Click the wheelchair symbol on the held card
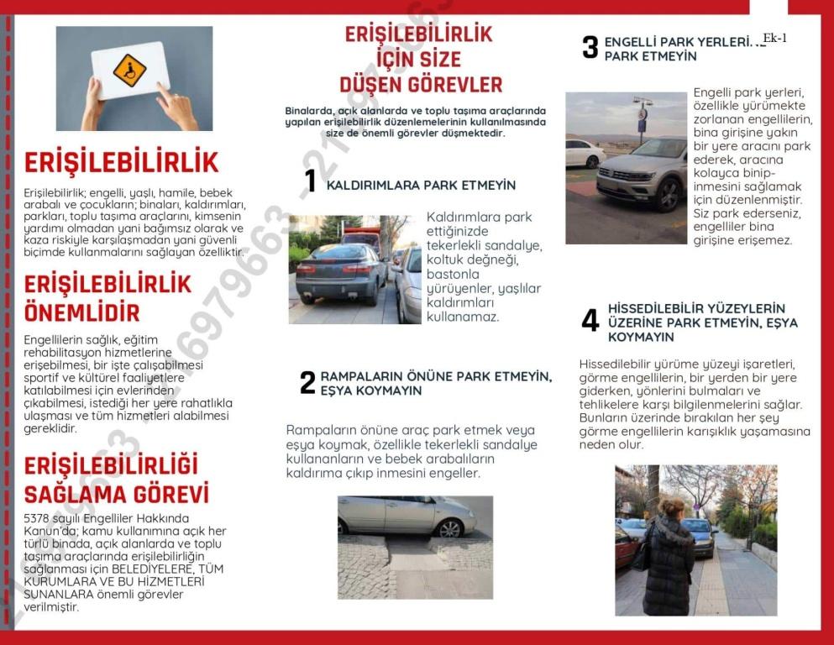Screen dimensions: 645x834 pyautogui.click(x=129, y=71)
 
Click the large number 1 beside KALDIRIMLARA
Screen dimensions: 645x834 pyautogui.click(x=310, y=181)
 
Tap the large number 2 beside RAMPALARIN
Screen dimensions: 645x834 pyautogui.click(x=307, y=383)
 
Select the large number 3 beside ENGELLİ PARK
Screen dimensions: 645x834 pyautogui.click(x=590, y=48)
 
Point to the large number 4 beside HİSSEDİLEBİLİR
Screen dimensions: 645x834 pyautogui.click(x=590, y=321)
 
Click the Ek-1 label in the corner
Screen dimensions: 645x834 pyautogui.click(x=774, y=38)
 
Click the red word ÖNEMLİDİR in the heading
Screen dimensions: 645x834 pyautogui.click(x=81, y=313)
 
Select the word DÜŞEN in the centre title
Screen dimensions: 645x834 pyautogui.click(x=374, y=85)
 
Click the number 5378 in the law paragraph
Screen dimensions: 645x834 pyautogui.click(x=38, y=518)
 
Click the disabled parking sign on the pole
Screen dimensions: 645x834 pyautogui.click(x=643, y=113)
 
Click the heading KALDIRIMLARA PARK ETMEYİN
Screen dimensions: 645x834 pyautogui.click(x=421, y=185)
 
